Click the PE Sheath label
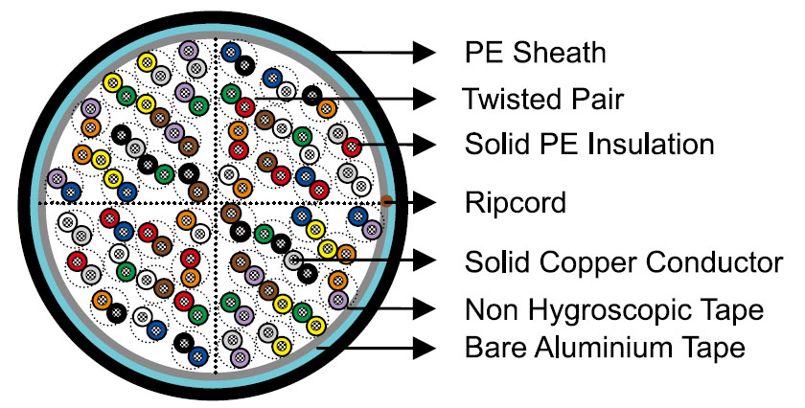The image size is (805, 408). [535, 53]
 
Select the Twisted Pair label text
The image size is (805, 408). [542, 99]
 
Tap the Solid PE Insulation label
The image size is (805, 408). [589, 145]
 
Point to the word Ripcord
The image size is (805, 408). [515, 203]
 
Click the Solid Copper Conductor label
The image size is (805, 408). [624, 262]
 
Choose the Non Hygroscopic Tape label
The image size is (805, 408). [614, 310]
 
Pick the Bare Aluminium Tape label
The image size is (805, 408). [605, 348]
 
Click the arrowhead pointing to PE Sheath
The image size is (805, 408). [424, 53]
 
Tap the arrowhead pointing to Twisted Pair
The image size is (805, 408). [424, 98]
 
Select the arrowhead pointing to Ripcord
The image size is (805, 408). [424, 202]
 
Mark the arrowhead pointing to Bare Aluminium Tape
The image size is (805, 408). [424, 348]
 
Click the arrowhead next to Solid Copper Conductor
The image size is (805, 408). [424, 260]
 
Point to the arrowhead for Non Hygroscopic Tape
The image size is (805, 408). [424, 308]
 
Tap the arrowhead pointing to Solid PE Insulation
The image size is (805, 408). [424, 145]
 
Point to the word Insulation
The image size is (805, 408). [651, 145]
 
